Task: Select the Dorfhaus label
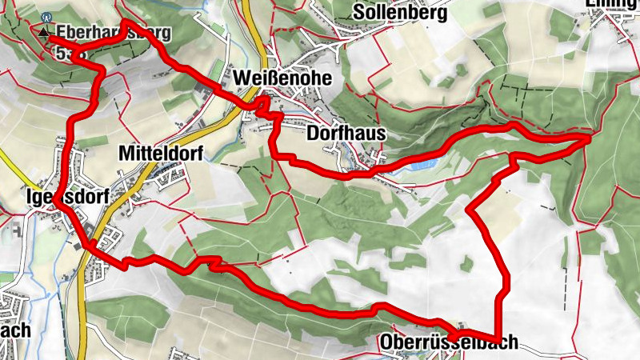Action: [x=346, y=134]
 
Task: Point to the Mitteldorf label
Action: [x=161, y=152]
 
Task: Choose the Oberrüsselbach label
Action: [x=448, y=342]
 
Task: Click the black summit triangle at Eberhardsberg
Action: [x=44, y=33]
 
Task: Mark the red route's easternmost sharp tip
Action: [x=590, y=138]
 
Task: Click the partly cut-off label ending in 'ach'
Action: [x=16, y=330]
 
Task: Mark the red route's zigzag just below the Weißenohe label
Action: [x=270, y=112]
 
